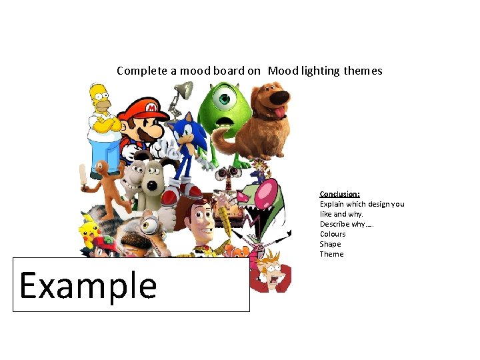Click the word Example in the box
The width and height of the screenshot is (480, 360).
[x=88, y=285]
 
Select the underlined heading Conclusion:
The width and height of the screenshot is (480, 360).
[x=339, y=194]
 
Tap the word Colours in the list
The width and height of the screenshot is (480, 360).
[x=333, y=234]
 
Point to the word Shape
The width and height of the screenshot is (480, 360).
[x=330, y=244]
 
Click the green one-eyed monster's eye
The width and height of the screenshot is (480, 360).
[x=223, y=101]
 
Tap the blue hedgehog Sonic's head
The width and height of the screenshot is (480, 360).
[x=185, y=133]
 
